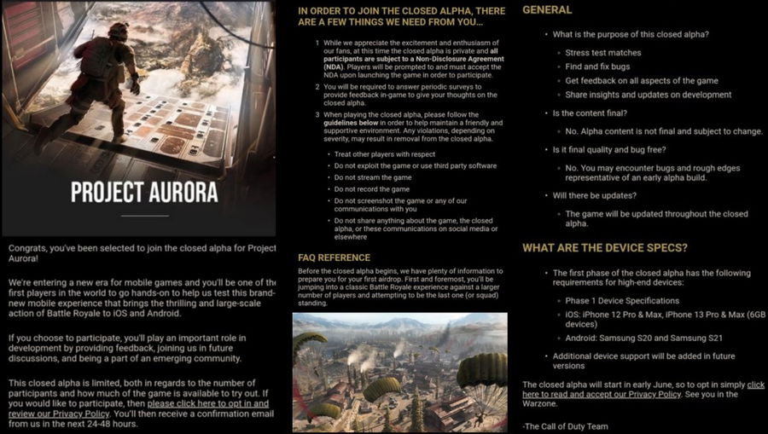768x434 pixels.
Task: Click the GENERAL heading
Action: pos(547,10)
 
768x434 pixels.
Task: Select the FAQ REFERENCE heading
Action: pos(334,258)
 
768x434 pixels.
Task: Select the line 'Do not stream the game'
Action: pos(372,177)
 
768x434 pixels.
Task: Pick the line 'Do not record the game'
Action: pos(372,189)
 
